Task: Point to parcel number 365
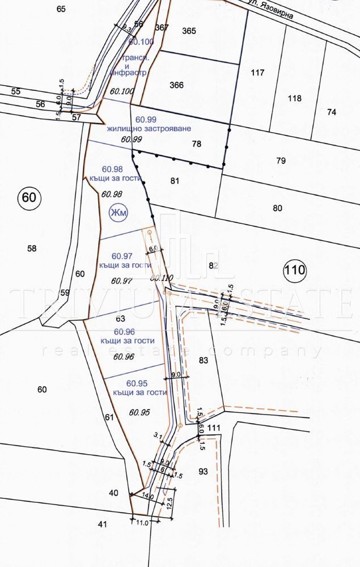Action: click(189, 31)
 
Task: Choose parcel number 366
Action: click(177, 85)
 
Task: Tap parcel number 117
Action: click(258, 73)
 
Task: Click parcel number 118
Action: click(294, 98)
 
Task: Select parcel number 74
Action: click(332, 112)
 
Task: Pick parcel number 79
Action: click(280, 160)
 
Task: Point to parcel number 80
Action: click(277, 208)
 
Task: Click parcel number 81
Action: click(175, 181)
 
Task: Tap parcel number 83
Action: click(204, 360)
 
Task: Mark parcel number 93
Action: click(204, 471)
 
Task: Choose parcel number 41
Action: click(102, 524)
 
